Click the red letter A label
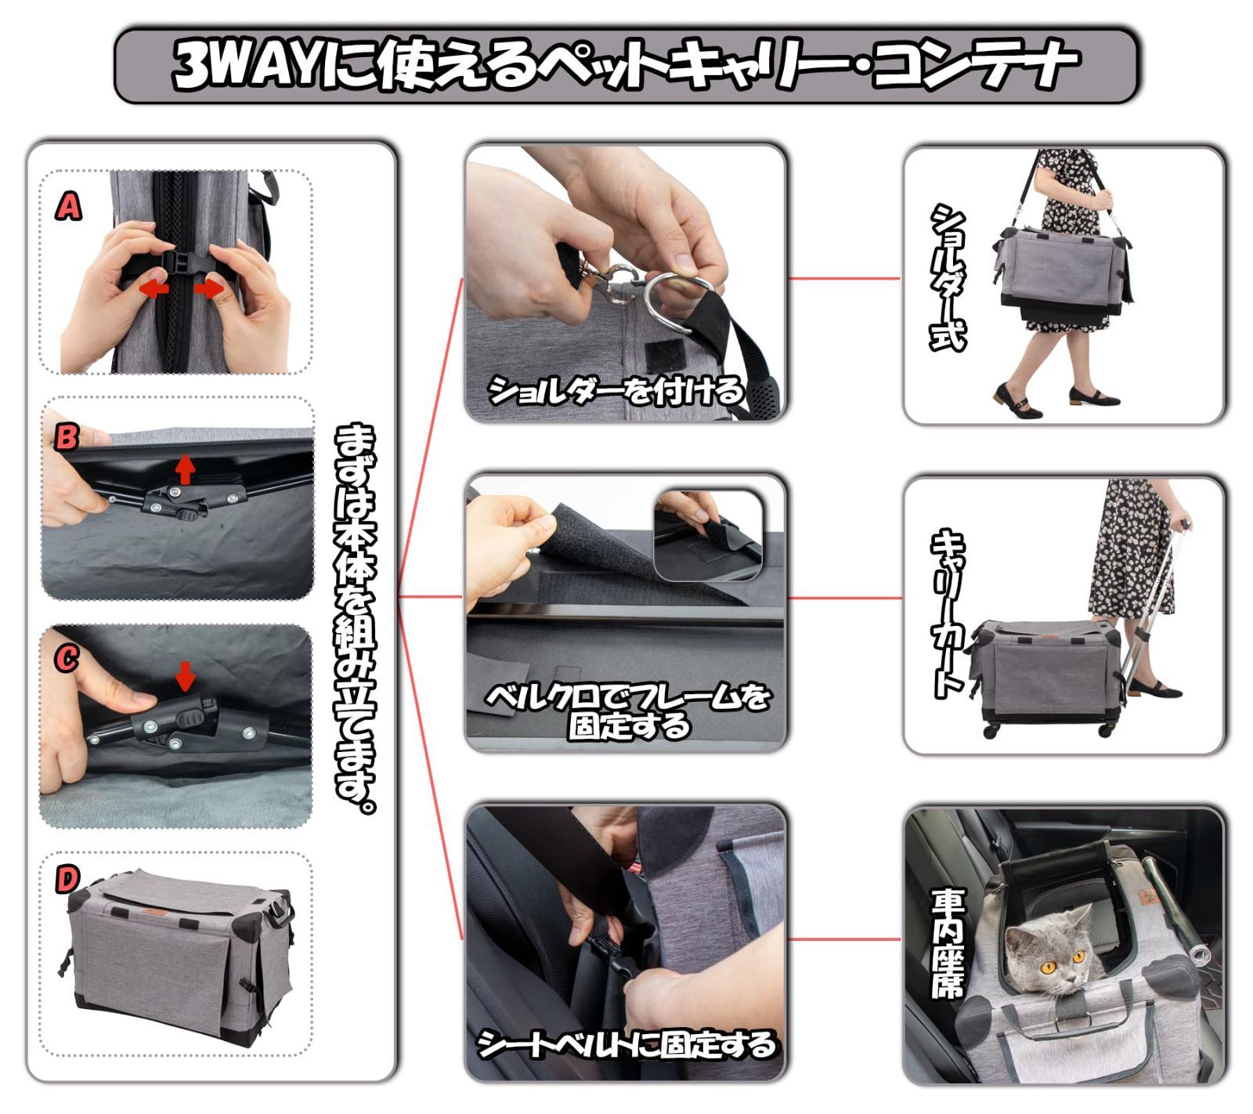click(x=68, y=207)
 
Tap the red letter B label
click(x=66, y=436)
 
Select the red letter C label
click(x=66, y=658)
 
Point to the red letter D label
click(x=67, y=880)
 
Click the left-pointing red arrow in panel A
click(x=154, y=289)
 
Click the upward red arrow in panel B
click(x=185, y=469)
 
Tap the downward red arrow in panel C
click(x=185, y=676)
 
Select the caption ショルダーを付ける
click(x=615, y=390)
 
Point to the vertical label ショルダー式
click(x=948, y=278)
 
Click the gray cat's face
click(x=1049, y=956)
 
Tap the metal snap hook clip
click(x=619, y=284)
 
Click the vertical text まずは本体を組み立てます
click(x=356, y=619)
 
